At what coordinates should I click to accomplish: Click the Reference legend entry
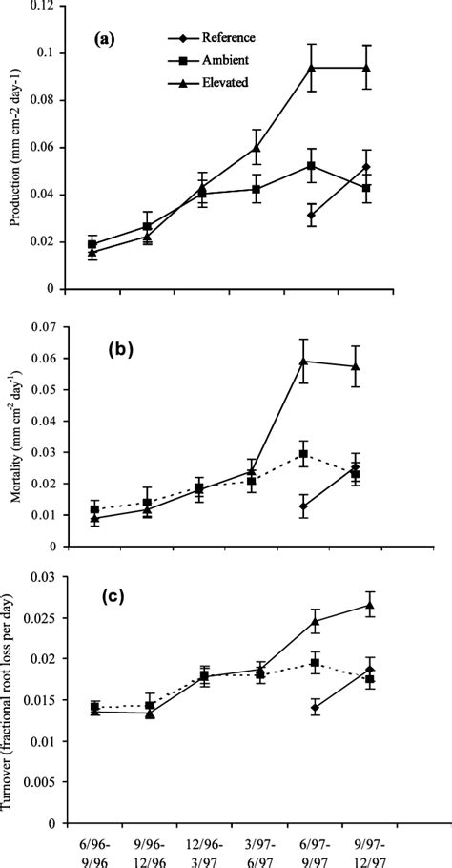(x=222, y=38)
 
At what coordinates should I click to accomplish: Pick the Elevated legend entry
(x=220, y=82)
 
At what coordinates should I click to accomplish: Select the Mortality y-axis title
(x=13, y=438)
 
